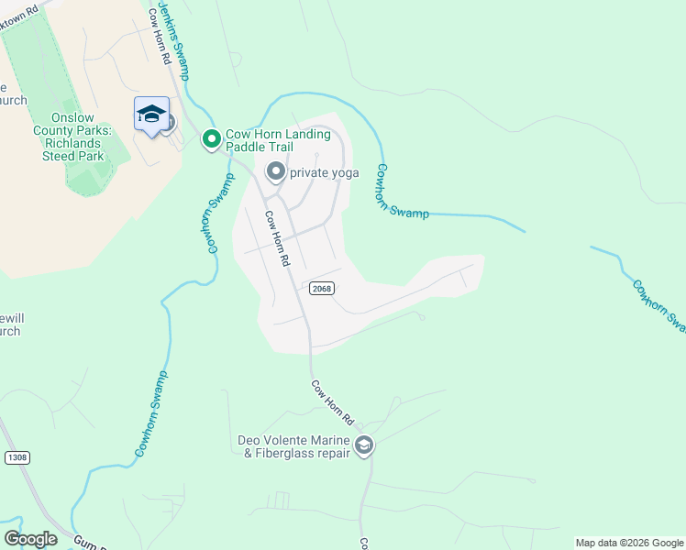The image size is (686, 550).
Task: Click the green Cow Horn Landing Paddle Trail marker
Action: click(211, 139)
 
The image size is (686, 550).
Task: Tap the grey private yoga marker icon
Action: click(275, 171)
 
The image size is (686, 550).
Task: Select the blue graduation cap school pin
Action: click(151, 114)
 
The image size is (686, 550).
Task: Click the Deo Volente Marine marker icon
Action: click(363, 445)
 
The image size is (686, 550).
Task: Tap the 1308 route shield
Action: click(17, 456)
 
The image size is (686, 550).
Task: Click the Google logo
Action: click(30, 539)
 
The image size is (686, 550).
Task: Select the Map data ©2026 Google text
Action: click(628, 543)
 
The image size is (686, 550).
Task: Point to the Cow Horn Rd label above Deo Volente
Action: click(331, 403)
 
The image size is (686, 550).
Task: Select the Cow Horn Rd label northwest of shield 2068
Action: click(277, 238)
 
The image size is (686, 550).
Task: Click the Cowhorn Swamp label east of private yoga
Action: click(402, 191)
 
